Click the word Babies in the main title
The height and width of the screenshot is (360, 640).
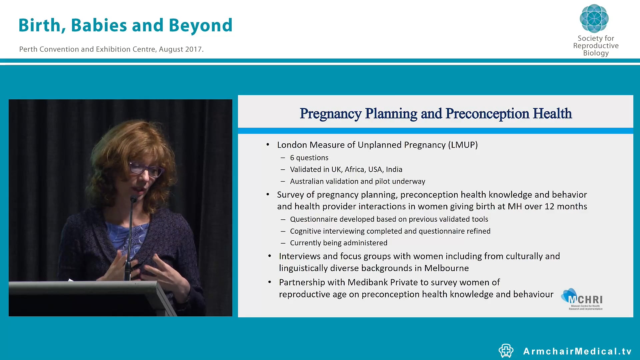click(x=99, y=25)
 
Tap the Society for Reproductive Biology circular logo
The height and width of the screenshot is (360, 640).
click(x=594, y=18)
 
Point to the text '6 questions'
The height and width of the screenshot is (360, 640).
click(x=309, y=158)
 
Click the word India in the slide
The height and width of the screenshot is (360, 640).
click(x=394, y=169)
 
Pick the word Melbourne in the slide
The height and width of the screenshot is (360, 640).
click(x=446, y=268)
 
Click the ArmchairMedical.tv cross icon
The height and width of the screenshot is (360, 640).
click(x=506, y=351)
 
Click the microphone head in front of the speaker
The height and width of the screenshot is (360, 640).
click(x=133, y=199)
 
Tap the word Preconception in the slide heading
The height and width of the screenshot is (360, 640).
click(x=487, y=114)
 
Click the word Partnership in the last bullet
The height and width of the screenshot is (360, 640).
click(x=302, y=282)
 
